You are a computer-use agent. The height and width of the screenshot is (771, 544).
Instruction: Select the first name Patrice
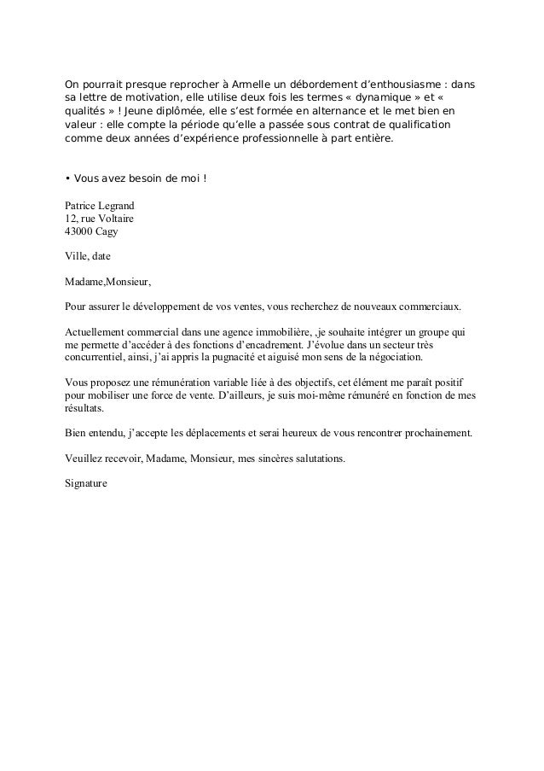[82, 205]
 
